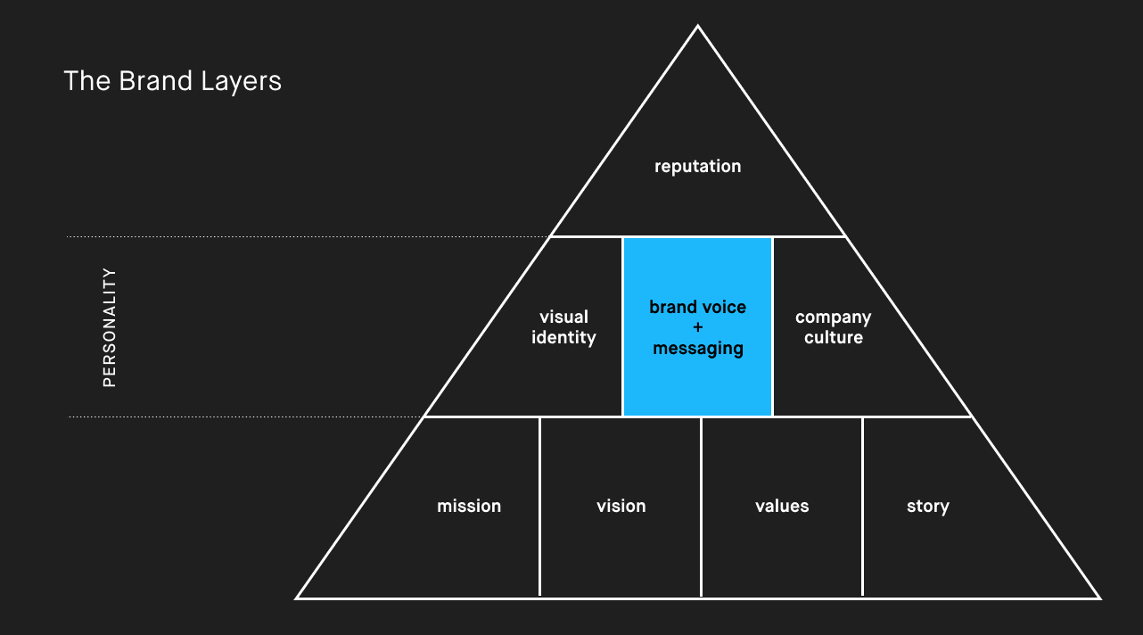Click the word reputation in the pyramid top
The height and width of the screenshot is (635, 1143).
(x=697, y=167)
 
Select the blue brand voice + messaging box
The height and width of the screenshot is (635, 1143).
(x=697, y=326)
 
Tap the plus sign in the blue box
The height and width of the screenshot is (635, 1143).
(x=698, y=327)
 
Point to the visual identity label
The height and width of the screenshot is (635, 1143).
(x=563, y=327)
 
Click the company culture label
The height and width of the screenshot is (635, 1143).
(x=834, y=327)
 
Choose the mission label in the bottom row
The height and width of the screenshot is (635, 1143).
(x=469, y=506)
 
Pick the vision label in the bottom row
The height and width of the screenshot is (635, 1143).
(x=621, y=506)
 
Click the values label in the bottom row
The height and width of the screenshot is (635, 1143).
(x=782, y=506)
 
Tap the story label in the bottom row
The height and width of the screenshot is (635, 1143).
(x=927, y=507)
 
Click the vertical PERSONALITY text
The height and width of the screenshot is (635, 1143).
(x=110, y=327)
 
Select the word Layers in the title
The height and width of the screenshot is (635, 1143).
(x=242, y=82)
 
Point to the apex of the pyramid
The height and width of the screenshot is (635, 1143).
(x=697, y=25)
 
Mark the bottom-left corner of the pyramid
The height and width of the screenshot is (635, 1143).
(x=297, y=598)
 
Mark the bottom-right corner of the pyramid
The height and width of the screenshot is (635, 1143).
(x=1099, y=598)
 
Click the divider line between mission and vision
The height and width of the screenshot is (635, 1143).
(x=539, y=507)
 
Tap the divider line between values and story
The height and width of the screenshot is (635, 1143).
(x=862, y=507)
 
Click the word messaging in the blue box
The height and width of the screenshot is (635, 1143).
(x=698, y=349)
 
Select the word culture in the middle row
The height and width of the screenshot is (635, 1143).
(x=834, y=337)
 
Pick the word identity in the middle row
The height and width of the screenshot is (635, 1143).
(x=563, y=338)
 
